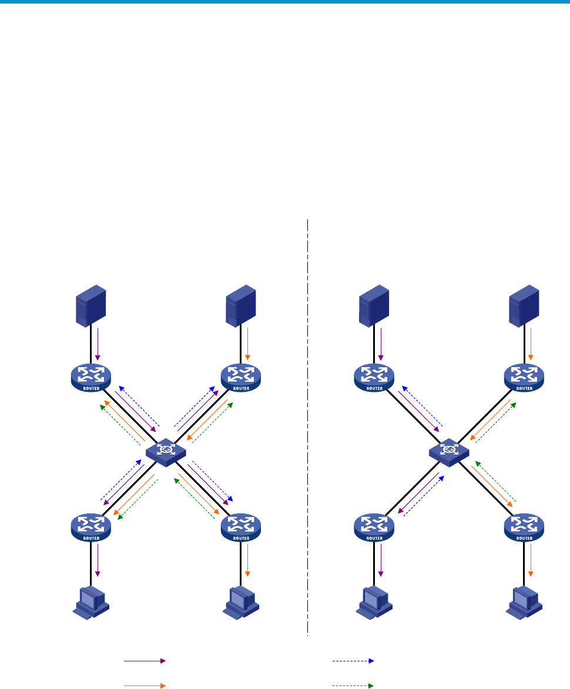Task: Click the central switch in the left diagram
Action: [x=166, y=451]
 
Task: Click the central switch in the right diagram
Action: [x=450, y=451]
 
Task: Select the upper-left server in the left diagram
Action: [x=91, y=305]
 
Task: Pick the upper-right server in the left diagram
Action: [x=240, y=305]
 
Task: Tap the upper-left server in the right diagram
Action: [x=374, y=305]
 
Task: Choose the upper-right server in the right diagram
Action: [x=524, y=305]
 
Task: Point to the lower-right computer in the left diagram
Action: [x=240, y=603]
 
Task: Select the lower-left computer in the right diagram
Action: [x=374, y=603]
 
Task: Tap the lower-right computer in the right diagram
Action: [x=524, y=603]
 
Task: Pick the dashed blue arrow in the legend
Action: [x=353, y=661]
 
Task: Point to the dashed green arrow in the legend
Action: [x=353, y=685]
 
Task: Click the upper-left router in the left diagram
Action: [x=91, y=377]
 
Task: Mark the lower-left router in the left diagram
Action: [x=91, y=527]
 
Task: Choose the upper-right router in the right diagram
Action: [x=524, y=377]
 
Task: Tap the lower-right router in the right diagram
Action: [x=524, y=527]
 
